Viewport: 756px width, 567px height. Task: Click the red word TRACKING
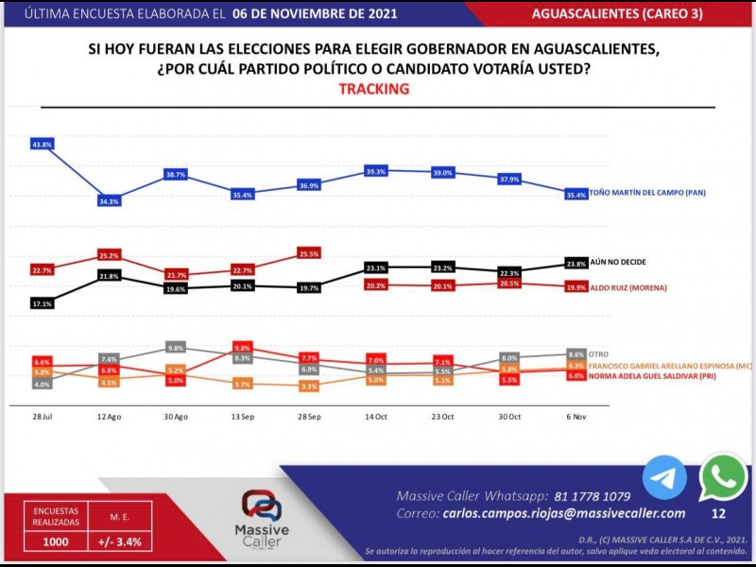coord(373,89)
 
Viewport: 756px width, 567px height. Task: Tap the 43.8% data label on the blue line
coord(42,145)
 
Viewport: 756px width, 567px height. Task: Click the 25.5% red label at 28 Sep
coord(308,254)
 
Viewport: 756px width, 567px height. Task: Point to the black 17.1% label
coord(42,304)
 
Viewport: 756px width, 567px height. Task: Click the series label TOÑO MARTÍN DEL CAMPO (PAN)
coord(647,193)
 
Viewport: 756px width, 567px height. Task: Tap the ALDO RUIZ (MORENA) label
coord(628,286)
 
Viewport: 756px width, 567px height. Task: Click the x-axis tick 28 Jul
coord(43,416)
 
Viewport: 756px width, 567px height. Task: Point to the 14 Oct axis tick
coord(376,416)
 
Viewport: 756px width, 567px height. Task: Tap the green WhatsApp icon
coord(723,478)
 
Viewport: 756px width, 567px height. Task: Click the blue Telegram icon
coord(664,478)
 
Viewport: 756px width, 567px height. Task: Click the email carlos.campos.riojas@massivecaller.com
coord(563,513)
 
